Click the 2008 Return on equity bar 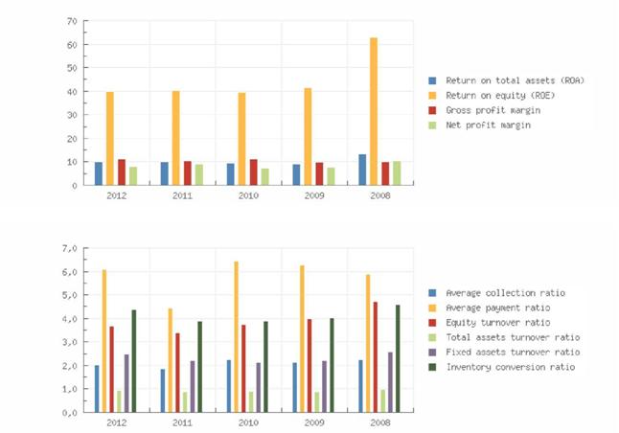point(374,111)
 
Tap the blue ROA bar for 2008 point(362,170)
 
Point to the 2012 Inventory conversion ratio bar point(134,360)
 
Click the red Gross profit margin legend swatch point(432,110)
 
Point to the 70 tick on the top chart point(72,20)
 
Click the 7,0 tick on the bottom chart point(69,248)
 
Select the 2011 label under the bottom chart point(181,422)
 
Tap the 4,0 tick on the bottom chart point(69,319)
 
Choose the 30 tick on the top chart point(72,115)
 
